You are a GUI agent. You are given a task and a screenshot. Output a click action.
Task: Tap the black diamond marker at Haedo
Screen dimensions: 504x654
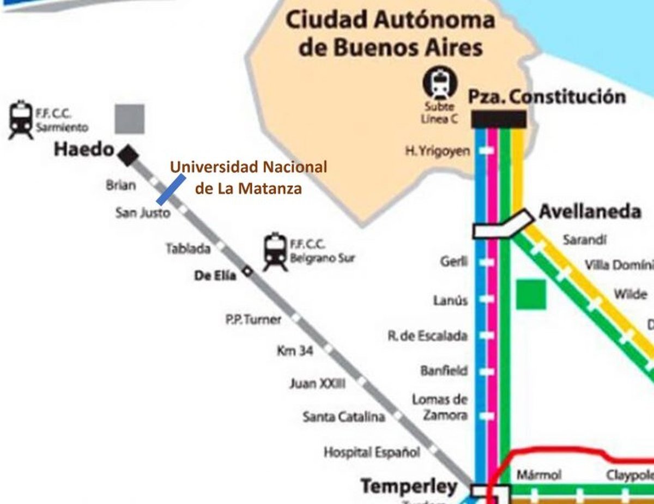pyautogui.click(x=129, y=155)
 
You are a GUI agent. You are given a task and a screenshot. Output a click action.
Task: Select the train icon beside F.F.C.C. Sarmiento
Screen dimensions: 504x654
pyautogui.click(x=21, y=120)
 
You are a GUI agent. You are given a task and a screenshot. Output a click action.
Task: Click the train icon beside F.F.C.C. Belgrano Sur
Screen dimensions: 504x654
pyautogui.click(x=275, y=252)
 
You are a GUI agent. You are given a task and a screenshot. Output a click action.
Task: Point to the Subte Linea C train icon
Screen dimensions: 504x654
pyautogui.click(x=440, y=83)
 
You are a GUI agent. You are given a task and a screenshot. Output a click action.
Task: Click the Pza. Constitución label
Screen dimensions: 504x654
pyautogui.click(x=547, y=97)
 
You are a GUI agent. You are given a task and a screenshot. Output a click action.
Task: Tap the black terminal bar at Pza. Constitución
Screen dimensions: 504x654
pyautogui.click(x=499, y=119)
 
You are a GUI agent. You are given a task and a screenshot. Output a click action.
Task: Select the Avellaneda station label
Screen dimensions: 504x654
pyautogui.click(x=590, y=211)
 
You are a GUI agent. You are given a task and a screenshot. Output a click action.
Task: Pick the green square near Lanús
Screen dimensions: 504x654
pyautogui.click(x=531, y=294)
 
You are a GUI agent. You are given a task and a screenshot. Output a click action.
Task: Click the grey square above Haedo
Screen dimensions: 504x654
pyautogui.click(x=130, y=119)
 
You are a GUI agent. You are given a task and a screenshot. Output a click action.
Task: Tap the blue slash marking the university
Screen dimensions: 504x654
pyautogui.click(x=169, y=187)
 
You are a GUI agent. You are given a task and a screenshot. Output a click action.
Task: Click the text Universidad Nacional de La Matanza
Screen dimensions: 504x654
pyautogui.click(x=249, y=178)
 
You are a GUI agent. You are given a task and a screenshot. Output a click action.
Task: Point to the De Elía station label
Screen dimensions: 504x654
pyautogui.click(x=215, y=276)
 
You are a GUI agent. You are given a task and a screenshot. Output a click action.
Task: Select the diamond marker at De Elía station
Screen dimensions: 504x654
pyautogui.click(x=248, y=271)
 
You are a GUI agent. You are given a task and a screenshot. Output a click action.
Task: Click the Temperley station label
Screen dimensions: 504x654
pyautogui.click(x=409, y=486)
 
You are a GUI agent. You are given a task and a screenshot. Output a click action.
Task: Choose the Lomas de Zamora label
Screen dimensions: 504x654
pyautogui.click(x=439, y=407)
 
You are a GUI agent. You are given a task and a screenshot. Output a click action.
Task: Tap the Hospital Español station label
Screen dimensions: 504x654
pyautogui.click(x=372, y=452)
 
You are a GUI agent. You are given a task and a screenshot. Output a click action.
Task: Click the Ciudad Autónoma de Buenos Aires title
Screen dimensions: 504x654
pyautogui.click(x=390, y=34)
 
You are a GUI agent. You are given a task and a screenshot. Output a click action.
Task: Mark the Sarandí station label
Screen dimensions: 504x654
pyautogui.click(x=585, y=240)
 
